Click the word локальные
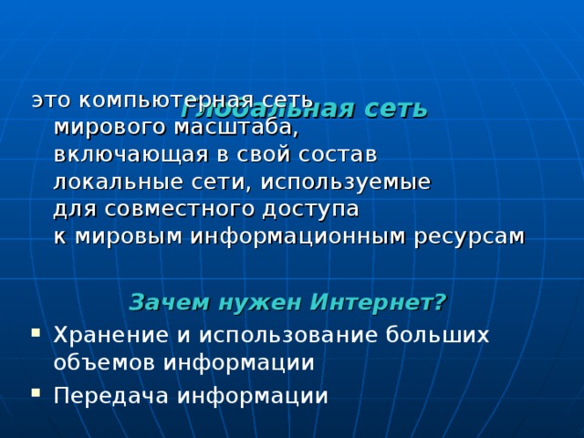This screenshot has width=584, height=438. pos(108,181)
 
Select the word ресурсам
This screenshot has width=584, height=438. pos(469,235)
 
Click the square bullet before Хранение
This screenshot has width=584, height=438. pos(35,334)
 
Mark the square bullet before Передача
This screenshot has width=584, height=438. pos(35,395)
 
